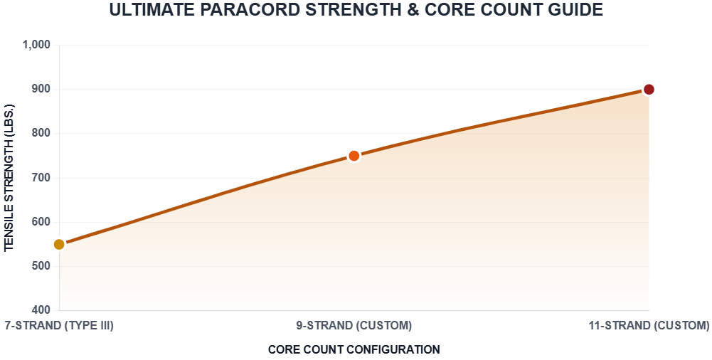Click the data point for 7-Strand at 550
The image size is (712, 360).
click(59, 245)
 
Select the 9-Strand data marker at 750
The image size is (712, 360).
click(354, 156)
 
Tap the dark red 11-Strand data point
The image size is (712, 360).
click(649, 90)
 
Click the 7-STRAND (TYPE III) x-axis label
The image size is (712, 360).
click(59, 326)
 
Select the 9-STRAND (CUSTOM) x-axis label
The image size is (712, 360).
click(354, 326)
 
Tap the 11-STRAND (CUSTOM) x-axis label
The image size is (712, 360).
click(649, 326)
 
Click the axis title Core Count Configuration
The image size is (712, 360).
click(354, 349)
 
